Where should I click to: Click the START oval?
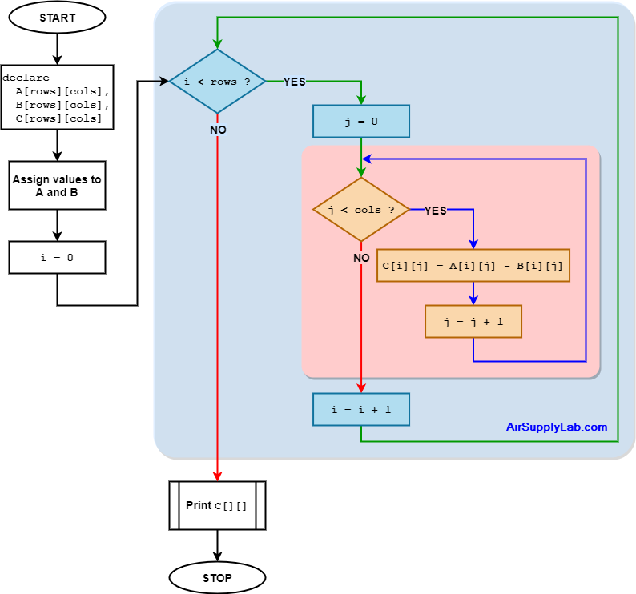point(57,18)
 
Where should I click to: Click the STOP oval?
point(217,577)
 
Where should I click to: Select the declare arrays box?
point(57,97)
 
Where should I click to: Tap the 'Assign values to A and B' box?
point(57,186)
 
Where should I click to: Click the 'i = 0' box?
point(57,258)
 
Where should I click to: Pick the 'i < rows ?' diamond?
point(217,82)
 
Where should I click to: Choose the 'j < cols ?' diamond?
point(361,210)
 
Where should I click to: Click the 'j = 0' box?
point(361,121)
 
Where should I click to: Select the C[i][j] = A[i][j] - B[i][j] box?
point(473,265)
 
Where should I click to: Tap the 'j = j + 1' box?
point(473,321)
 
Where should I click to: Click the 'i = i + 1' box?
point(361,409)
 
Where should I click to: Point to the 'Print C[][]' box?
point(217,505)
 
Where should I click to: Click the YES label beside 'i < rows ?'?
point(294,82)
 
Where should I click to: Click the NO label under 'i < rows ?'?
point(218,130)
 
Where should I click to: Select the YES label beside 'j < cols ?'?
point(435,211)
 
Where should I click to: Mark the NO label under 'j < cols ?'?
point(362,258)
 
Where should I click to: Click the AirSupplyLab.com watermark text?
point(557,427)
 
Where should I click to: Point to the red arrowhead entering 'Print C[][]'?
point(217,476)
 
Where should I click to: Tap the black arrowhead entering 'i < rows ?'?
point(163,81)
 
